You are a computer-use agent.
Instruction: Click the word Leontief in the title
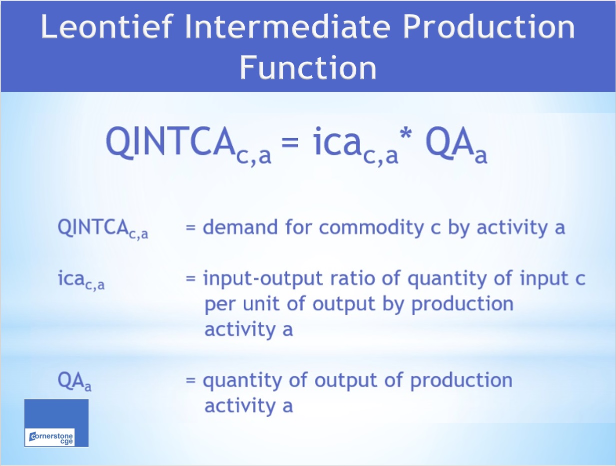coord(107,26)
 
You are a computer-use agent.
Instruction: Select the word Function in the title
coord(308,67)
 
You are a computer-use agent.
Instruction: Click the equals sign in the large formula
coord(290,142)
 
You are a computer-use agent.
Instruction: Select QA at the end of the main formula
coord(449,142)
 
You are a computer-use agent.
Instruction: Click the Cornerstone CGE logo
coord(56,423)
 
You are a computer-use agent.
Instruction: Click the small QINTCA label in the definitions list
coord(103,229)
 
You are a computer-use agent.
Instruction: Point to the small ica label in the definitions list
coord(81,279)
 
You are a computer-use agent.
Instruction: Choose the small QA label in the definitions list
coord(74,381)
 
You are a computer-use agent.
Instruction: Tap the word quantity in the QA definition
coord(242,381)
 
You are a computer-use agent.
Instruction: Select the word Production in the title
coord(489,26)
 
